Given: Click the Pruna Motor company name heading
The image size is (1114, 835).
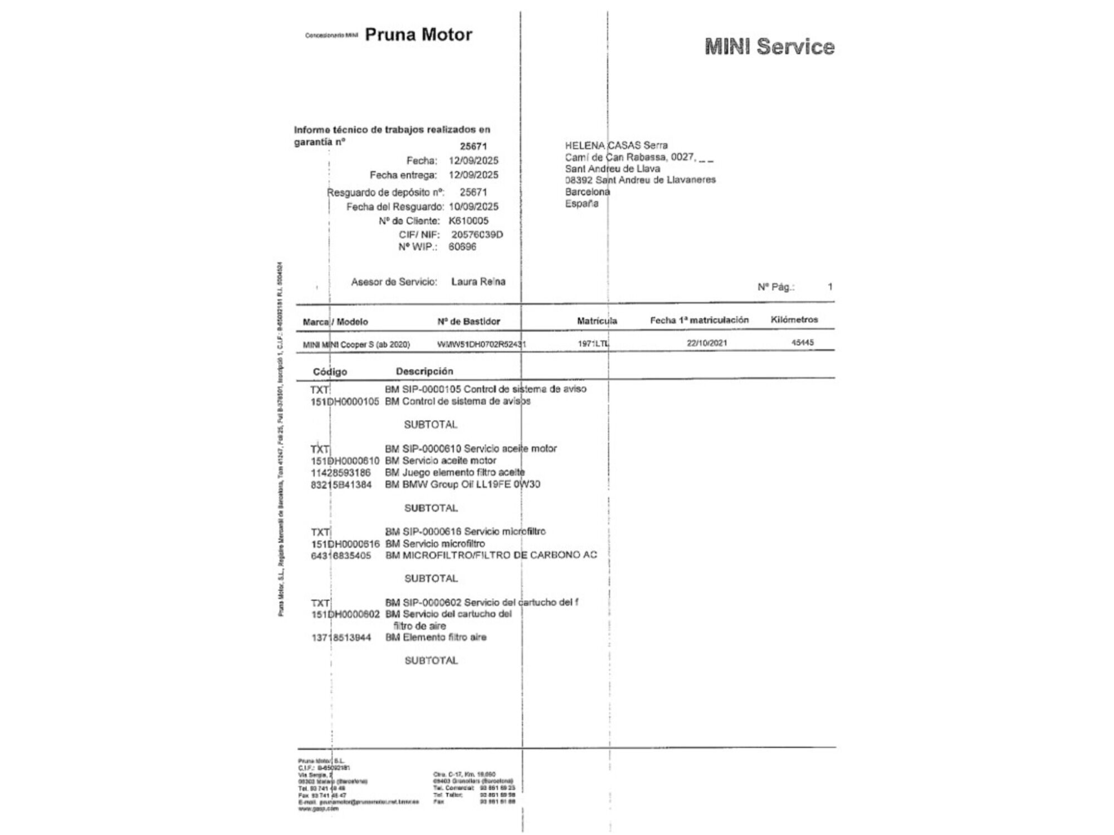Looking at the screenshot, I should [418, 35].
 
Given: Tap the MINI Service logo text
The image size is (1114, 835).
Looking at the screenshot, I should [769, 47].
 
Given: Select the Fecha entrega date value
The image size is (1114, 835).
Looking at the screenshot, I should [473, 175].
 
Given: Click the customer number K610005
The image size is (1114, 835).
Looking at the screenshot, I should [468, 220].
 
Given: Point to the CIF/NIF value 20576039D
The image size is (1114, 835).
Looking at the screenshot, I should [477, 234].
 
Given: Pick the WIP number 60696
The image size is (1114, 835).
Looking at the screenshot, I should [462, 247].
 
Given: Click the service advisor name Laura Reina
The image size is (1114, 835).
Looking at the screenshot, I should [478, 282].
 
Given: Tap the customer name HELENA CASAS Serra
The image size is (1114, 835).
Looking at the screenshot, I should [616, 145].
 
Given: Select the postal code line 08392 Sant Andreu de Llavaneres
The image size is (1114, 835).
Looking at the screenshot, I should [640, 180].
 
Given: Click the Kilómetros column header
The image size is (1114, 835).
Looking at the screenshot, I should [794, 320].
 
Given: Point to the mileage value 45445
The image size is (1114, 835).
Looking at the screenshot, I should [803, 342].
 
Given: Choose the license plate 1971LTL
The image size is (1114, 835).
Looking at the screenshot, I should [593, 343].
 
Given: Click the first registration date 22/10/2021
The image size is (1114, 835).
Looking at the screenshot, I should [707, 343].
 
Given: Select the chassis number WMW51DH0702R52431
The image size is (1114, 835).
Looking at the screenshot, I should [481, 344].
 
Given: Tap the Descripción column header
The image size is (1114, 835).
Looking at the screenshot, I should [424, 371].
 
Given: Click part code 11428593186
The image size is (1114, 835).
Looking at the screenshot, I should [340, 473].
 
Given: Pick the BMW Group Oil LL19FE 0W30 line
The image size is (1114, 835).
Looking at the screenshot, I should [462, 484].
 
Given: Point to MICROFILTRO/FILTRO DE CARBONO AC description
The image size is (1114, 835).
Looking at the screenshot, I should [491, 555].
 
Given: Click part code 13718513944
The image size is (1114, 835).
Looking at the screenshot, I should [341, 637].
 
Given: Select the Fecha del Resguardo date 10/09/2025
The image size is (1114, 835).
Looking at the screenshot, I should [473, 207].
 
